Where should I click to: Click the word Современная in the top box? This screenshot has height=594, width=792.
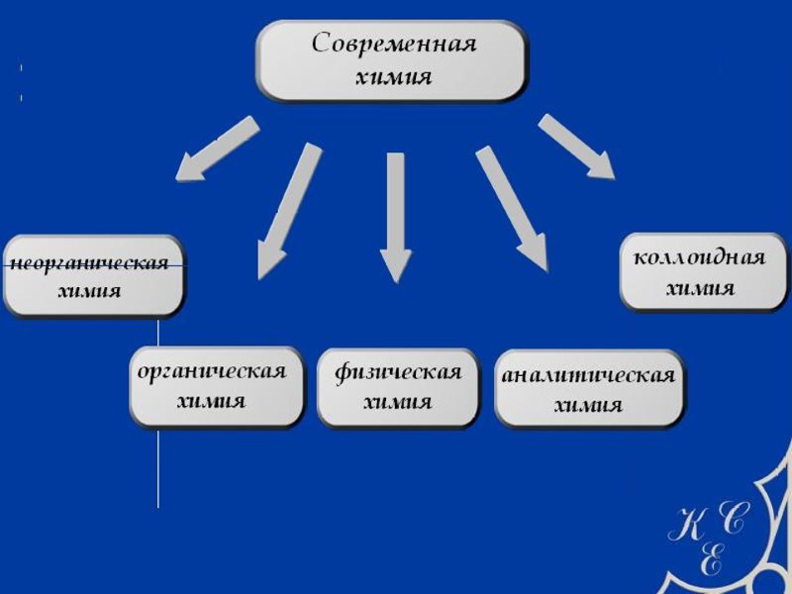pos(394,46)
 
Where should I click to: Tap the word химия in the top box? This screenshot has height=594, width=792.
pos(394,77)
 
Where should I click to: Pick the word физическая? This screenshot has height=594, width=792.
pos(398,372)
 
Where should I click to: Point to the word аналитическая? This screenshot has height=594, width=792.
pos(589,376)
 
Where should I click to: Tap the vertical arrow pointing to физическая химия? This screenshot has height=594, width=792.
pos(396,218)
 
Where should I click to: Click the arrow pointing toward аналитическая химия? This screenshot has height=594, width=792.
pos(512,208)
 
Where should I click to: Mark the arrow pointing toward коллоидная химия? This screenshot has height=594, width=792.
pos(576,147)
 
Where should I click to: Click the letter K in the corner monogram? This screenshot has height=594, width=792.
pos(689,523)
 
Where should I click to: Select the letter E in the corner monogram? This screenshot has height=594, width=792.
pos(711,559)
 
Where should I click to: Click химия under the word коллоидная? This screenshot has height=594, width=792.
pos(700,289)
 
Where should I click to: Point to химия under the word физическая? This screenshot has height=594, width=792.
pos(398,402)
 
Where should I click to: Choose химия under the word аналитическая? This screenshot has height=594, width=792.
pos(589,406)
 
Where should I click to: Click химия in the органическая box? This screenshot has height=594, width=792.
pos(212,401)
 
